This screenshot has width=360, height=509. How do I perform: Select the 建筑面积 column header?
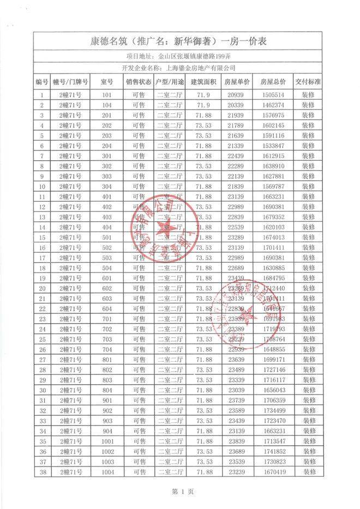203,82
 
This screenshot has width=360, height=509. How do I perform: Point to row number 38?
42,472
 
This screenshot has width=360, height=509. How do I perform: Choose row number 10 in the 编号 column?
42,186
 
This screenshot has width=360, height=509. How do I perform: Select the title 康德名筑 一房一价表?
179,42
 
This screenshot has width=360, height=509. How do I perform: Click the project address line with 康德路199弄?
179,56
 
